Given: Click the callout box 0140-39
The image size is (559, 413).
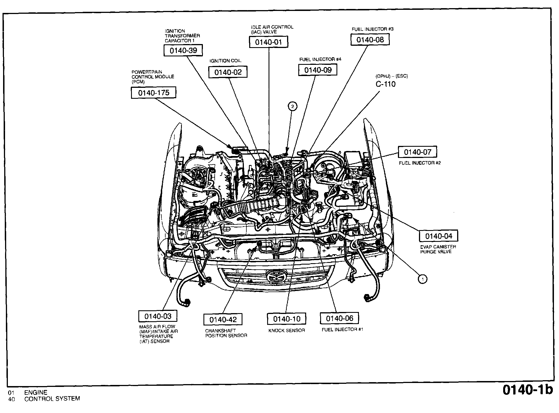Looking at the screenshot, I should click(x=183, y=51).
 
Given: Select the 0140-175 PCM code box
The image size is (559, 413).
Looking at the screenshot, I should click(x=154, y=93).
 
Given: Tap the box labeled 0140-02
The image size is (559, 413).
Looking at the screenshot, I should click(x=228, y=72).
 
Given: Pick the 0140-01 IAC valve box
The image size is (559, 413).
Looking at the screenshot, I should click(x=269, y=42).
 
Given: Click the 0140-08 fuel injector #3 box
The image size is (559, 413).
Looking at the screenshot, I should click(x=370, y=40).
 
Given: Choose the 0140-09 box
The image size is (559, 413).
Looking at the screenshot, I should click(x=318, y=70).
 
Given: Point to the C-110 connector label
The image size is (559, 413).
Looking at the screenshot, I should click(x=386, y=84).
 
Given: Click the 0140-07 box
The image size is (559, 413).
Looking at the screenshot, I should click(x=417, y=152).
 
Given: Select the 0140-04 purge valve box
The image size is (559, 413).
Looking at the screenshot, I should click(x=439, y=236).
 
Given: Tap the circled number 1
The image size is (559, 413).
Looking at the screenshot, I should click(x=422, y=279).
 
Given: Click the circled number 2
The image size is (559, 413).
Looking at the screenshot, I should click(x=293, y=106).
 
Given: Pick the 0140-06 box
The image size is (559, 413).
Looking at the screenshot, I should click(x=339, y=318).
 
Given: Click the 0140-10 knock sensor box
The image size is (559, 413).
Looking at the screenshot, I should click(x=287, y=319).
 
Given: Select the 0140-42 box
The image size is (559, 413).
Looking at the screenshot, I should click(x=223, y=320).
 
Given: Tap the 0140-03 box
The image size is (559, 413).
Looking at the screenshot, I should click(x=158, y=316).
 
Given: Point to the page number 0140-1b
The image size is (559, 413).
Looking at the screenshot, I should click(x=527, y=390).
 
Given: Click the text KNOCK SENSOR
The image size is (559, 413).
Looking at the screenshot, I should click(x=287, y=331).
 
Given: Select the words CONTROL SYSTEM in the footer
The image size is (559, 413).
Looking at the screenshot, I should click(x=52, y=399).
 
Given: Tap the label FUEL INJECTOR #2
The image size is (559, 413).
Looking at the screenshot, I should click(x=420, y=163).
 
